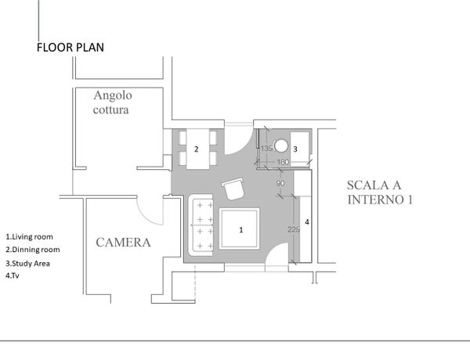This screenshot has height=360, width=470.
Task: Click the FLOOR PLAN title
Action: [70, 47]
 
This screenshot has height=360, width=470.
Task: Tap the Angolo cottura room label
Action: [112, 103]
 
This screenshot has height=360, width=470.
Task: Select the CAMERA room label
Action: [123, 243]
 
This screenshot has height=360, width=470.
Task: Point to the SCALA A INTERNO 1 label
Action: [380, 193]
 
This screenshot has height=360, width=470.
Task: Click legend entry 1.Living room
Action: [30, 236]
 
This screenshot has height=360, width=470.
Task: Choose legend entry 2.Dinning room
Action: [33, 250]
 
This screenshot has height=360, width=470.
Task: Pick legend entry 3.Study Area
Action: [27, 264]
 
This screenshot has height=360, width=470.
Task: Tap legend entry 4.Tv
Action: [13, 275]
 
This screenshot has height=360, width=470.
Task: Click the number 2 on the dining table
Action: [197, 149]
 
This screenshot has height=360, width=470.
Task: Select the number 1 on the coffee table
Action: [241, 230]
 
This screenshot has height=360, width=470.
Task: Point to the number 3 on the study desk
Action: [295, 149]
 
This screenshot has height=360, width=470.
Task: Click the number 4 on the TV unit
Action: [307, 222]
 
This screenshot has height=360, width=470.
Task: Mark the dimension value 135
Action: [266, 148]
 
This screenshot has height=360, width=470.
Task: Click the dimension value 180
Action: [283, 162]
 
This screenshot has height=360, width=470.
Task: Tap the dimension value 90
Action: [280, 183]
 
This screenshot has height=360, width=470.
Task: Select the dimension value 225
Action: [294, 229]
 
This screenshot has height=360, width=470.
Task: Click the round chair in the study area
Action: [281, 146]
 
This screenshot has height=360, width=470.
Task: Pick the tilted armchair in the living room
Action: [233, 189]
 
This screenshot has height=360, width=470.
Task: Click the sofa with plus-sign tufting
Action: [201, 225]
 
